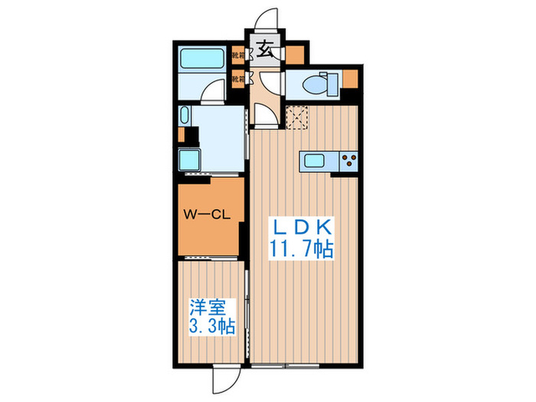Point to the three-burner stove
(349, 161)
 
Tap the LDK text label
(300, 228)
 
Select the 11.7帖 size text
(300, 250)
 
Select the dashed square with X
(297, 116)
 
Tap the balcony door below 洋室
(224, 374)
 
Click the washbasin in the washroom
(185, 116)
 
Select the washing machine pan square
(188, 161)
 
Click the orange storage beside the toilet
(350, 80)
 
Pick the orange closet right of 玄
(295, 54)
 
